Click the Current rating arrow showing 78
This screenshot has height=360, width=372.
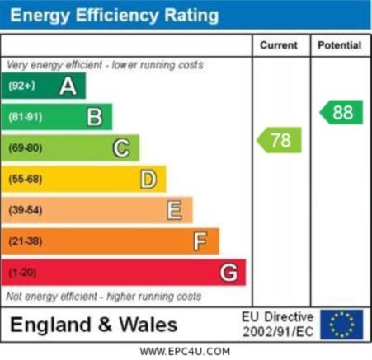[x=279, y=140]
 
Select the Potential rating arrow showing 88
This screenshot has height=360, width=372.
[x=341, y=112]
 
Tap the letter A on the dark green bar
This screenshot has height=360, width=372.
[x=68, y=86]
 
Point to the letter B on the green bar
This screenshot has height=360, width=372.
[x=95, y=117]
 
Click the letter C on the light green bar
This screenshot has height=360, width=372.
[x=121, y=148]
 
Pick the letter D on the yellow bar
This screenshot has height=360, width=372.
[x=148, y=180]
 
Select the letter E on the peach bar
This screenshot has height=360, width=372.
[x=175, y=210]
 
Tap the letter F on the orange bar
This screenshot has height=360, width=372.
[x=200, y=241]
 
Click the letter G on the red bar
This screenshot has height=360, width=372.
[x=228, y=273]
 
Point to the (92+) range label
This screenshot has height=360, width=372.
[x=22, y=86]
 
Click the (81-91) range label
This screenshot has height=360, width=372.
[x=26, y=117]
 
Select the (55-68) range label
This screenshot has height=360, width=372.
[x=26, y=179]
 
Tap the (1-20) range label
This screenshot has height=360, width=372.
[x=22, y=273]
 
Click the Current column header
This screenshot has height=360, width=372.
[x=279, y=45]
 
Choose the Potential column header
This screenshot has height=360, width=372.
[x=340, y=45]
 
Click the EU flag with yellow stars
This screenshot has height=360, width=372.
[x=341, y=325]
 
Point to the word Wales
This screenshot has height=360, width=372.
[x=148, y=325]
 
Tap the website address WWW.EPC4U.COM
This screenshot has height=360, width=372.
[x=185, y=352]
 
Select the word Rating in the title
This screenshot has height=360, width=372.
[x=191, y=16]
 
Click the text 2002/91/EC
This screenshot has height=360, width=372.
[x=278, y=332]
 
